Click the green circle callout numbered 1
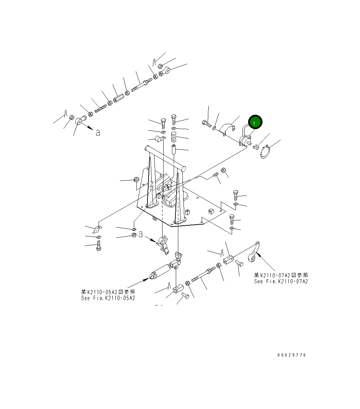point(255,122)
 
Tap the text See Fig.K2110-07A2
point(281,281)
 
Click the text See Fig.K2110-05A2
point(108,298)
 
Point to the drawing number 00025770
point(291,355)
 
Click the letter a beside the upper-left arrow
point(98,133)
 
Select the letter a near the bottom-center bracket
point(140,235)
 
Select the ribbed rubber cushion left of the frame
point(136,180)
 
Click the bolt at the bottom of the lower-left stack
point(99,246)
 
